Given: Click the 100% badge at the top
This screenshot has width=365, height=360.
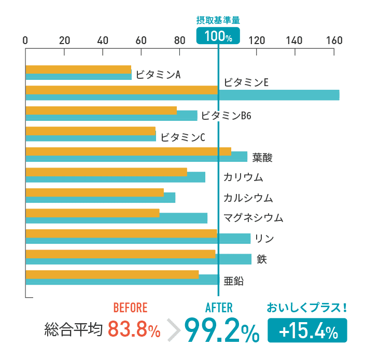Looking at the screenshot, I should [x=218, y=36].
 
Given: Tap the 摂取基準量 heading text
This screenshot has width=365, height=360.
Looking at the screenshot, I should [x=218, y=20].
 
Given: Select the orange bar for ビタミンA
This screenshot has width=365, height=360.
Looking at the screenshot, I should [x=78, y=69].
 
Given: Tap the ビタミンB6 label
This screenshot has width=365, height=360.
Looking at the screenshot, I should [x=226, y=115].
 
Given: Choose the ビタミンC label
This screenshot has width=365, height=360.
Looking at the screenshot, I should [x=183, y=137].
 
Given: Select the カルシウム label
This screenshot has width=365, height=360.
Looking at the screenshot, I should [x=248, y=198].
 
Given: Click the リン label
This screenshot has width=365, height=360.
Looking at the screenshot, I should [x=264, y=239].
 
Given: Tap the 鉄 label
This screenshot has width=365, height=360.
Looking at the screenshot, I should [x=262, y=259].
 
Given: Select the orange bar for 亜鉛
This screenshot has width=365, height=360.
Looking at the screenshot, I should [x=112, y=274].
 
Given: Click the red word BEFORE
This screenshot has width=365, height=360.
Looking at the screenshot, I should [x=130, y=308].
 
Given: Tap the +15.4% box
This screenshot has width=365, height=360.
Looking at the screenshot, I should [x=307, y=330].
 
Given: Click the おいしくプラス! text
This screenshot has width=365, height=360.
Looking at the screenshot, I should [x=306, y=308].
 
